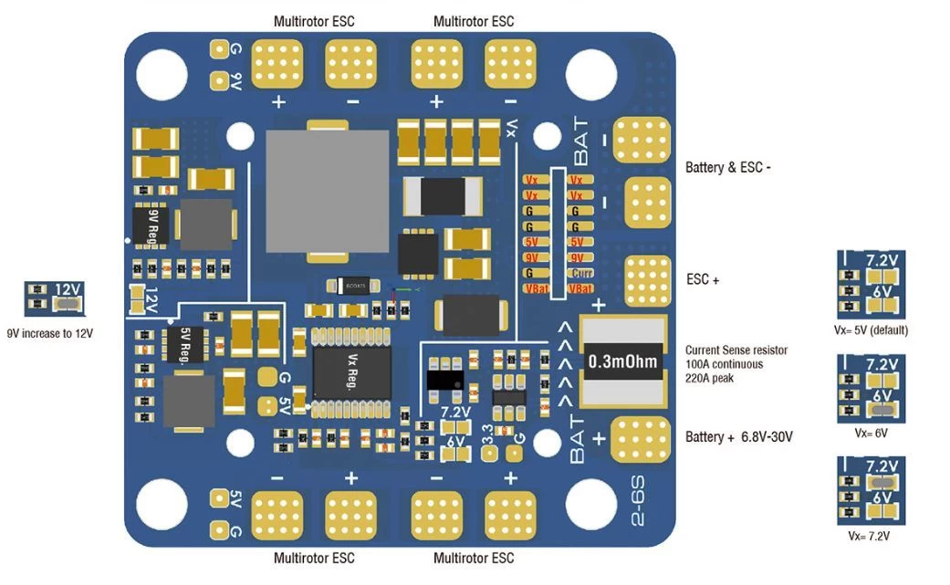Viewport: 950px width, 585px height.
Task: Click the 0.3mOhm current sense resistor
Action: [621, 362]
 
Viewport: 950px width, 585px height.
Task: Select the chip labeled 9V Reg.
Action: [151, 225]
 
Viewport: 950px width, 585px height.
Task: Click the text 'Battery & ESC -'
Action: [728, 168]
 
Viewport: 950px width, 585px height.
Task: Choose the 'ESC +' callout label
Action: [703, 280]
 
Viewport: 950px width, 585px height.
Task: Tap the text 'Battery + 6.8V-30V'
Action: [738, 437]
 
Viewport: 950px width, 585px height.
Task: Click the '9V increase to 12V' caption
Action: [50, 333]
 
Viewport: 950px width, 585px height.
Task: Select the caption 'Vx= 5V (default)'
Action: [872, 329]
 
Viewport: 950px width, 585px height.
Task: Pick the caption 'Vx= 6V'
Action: [872, 433]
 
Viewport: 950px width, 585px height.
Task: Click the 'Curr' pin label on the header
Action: [576, 273]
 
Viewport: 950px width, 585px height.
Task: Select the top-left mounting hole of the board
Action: [162, 70]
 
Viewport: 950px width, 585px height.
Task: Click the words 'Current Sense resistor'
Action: [736, 350]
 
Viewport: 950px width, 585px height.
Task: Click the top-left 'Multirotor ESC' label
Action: [314, 21]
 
